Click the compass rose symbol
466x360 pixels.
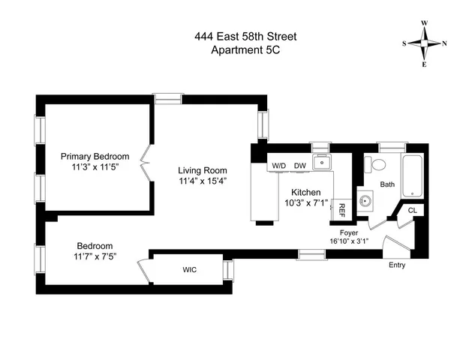point(424,43)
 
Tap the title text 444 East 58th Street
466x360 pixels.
point(233,34)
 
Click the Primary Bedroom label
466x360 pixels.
point(95,157)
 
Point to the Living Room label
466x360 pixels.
point(203,170)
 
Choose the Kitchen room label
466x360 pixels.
point(306,193)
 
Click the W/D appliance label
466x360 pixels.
point(278,166)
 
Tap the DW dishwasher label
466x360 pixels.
point(300,166)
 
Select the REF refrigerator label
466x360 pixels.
point(341,210)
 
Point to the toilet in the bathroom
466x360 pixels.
point(377,164)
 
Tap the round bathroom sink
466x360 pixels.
point(368,201)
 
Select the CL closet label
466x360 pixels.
point(412,211)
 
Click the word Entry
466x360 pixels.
point(398,265)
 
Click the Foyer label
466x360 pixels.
point(348,233)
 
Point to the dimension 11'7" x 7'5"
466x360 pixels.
point(95,257)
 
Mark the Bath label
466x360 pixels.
point(387,184)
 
